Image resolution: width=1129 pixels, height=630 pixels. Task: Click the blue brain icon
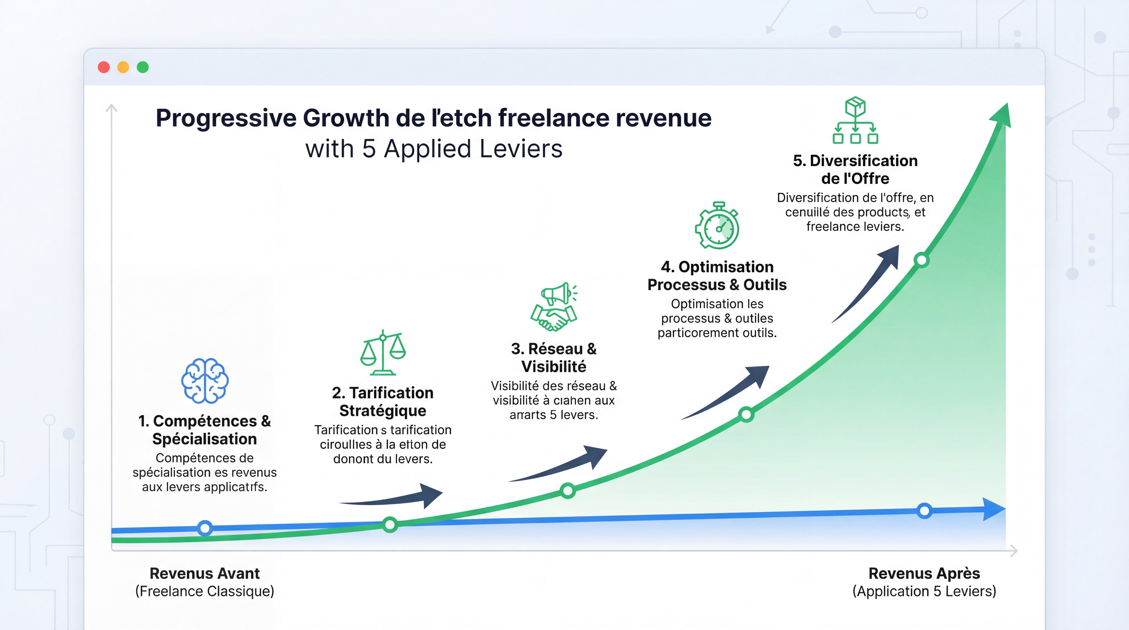(205, 380)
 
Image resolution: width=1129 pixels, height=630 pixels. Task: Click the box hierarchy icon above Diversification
(855, 120)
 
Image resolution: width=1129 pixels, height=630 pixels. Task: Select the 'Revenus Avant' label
(205, 573)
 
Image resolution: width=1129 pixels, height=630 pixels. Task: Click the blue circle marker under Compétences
(205, 528)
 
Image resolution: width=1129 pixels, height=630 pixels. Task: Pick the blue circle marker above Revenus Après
(924, 510)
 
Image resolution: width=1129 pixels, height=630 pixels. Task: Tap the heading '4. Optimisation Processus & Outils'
(717, 276)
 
